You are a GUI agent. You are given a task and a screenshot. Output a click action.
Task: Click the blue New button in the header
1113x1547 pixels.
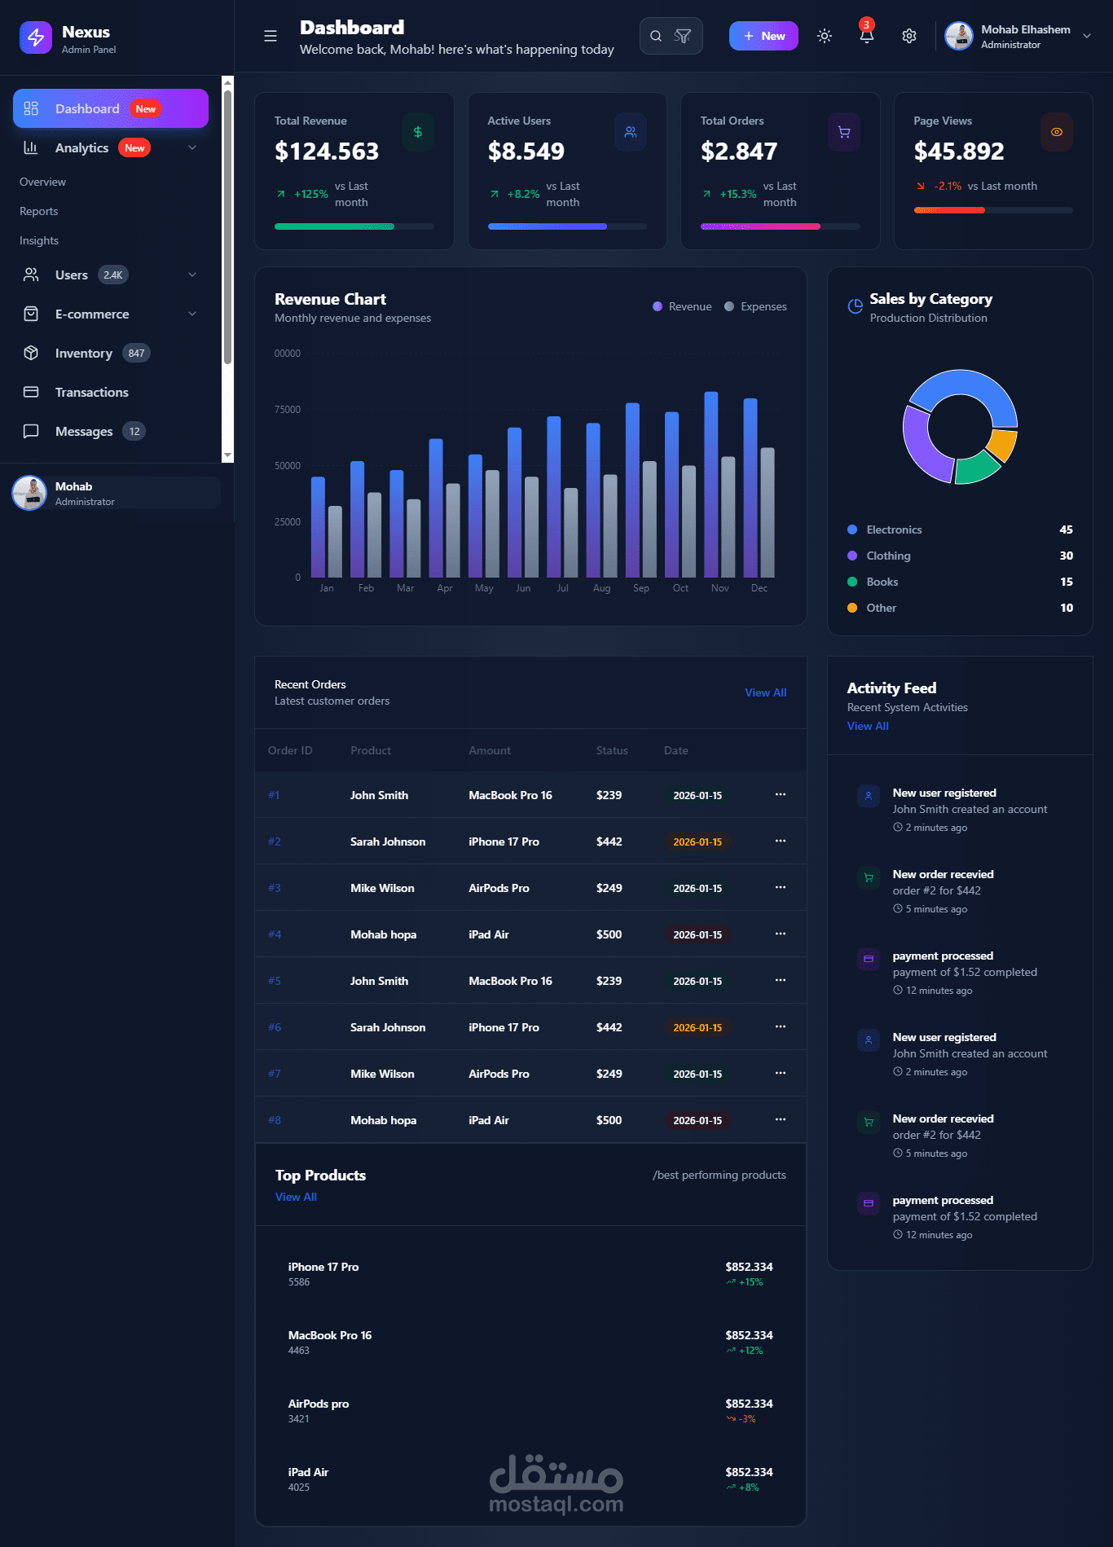763,36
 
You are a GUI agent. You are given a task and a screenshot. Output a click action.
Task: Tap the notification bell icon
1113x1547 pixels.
867,36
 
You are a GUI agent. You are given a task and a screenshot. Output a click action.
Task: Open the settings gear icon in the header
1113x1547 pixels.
909,36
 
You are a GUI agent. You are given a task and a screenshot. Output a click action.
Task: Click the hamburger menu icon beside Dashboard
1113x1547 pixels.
271,36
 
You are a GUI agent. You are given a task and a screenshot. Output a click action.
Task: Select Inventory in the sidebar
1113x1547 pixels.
84,353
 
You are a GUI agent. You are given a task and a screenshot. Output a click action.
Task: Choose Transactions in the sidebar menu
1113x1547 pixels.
92,392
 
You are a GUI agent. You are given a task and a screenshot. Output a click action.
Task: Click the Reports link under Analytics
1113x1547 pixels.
39,211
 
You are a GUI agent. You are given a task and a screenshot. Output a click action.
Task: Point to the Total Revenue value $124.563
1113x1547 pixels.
327,151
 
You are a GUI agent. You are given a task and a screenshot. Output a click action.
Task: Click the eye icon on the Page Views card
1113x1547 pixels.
1057,132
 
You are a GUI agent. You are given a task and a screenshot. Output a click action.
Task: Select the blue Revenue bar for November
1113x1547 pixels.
711,485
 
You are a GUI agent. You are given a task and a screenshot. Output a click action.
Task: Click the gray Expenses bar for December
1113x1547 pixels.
768,512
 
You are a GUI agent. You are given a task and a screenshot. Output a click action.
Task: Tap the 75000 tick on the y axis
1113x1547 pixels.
288,410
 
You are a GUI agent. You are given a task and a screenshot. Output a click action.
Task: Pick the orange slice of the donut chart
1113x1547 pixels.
1002,445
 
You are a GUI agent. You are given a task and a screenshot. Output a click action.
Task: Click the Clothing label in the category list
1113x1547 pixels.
888,556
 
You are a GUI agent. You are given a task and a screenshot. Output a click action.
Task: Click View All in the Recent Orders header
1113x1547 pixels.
766,692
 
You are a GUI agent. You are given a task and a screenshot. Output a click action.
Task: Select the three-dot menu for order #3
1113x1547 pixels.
781,887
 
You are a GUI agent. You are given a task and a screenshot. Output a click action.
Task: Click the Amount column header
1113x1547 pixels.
490,750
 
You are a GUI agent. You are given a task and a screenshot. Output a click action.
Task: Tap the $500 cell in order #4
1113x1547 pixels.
609,934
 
